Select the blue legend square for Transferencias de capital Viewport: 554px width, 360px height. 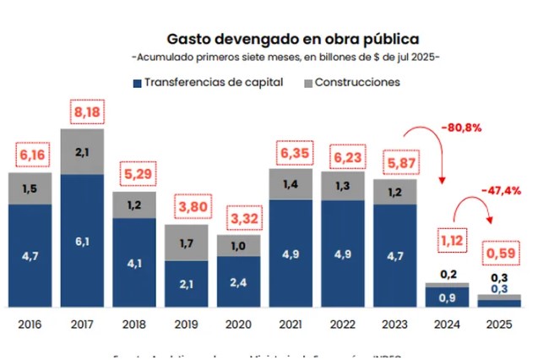[x=137, y=83]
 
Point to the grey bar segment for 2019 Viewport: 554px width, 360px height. [x=187, y=243]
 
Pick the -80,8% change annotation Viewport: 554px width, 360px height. [x=461, y=128]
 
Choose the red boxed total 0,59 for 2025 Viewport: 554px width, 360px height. [x=499, y=253]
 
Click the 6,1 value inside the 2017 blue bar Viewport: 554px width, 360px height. [x=82, y=241]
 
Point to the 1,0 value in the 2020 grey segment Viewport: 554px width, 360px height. [x=238, y=245]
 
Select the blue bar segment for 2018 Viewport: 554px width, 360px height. [x=134, y=262]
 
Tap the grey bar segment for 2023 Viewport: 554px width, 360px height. [x=394, y=192]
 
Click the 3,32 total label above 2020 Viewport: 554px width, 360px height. [x=239, y=219]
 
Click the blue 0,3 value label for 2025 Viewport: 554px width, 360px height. [x=499, y=289]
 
